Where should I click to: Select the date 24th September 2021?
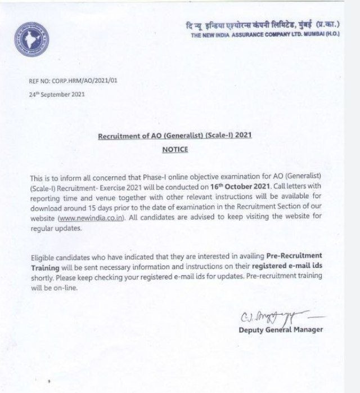coord(57,95)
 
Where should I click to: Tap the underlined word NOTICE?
coord(175,150)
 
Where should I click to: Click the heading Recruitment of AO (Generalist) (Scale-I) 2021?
coord(175,136)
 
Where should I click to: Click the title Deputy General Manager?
coord(281,329)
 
